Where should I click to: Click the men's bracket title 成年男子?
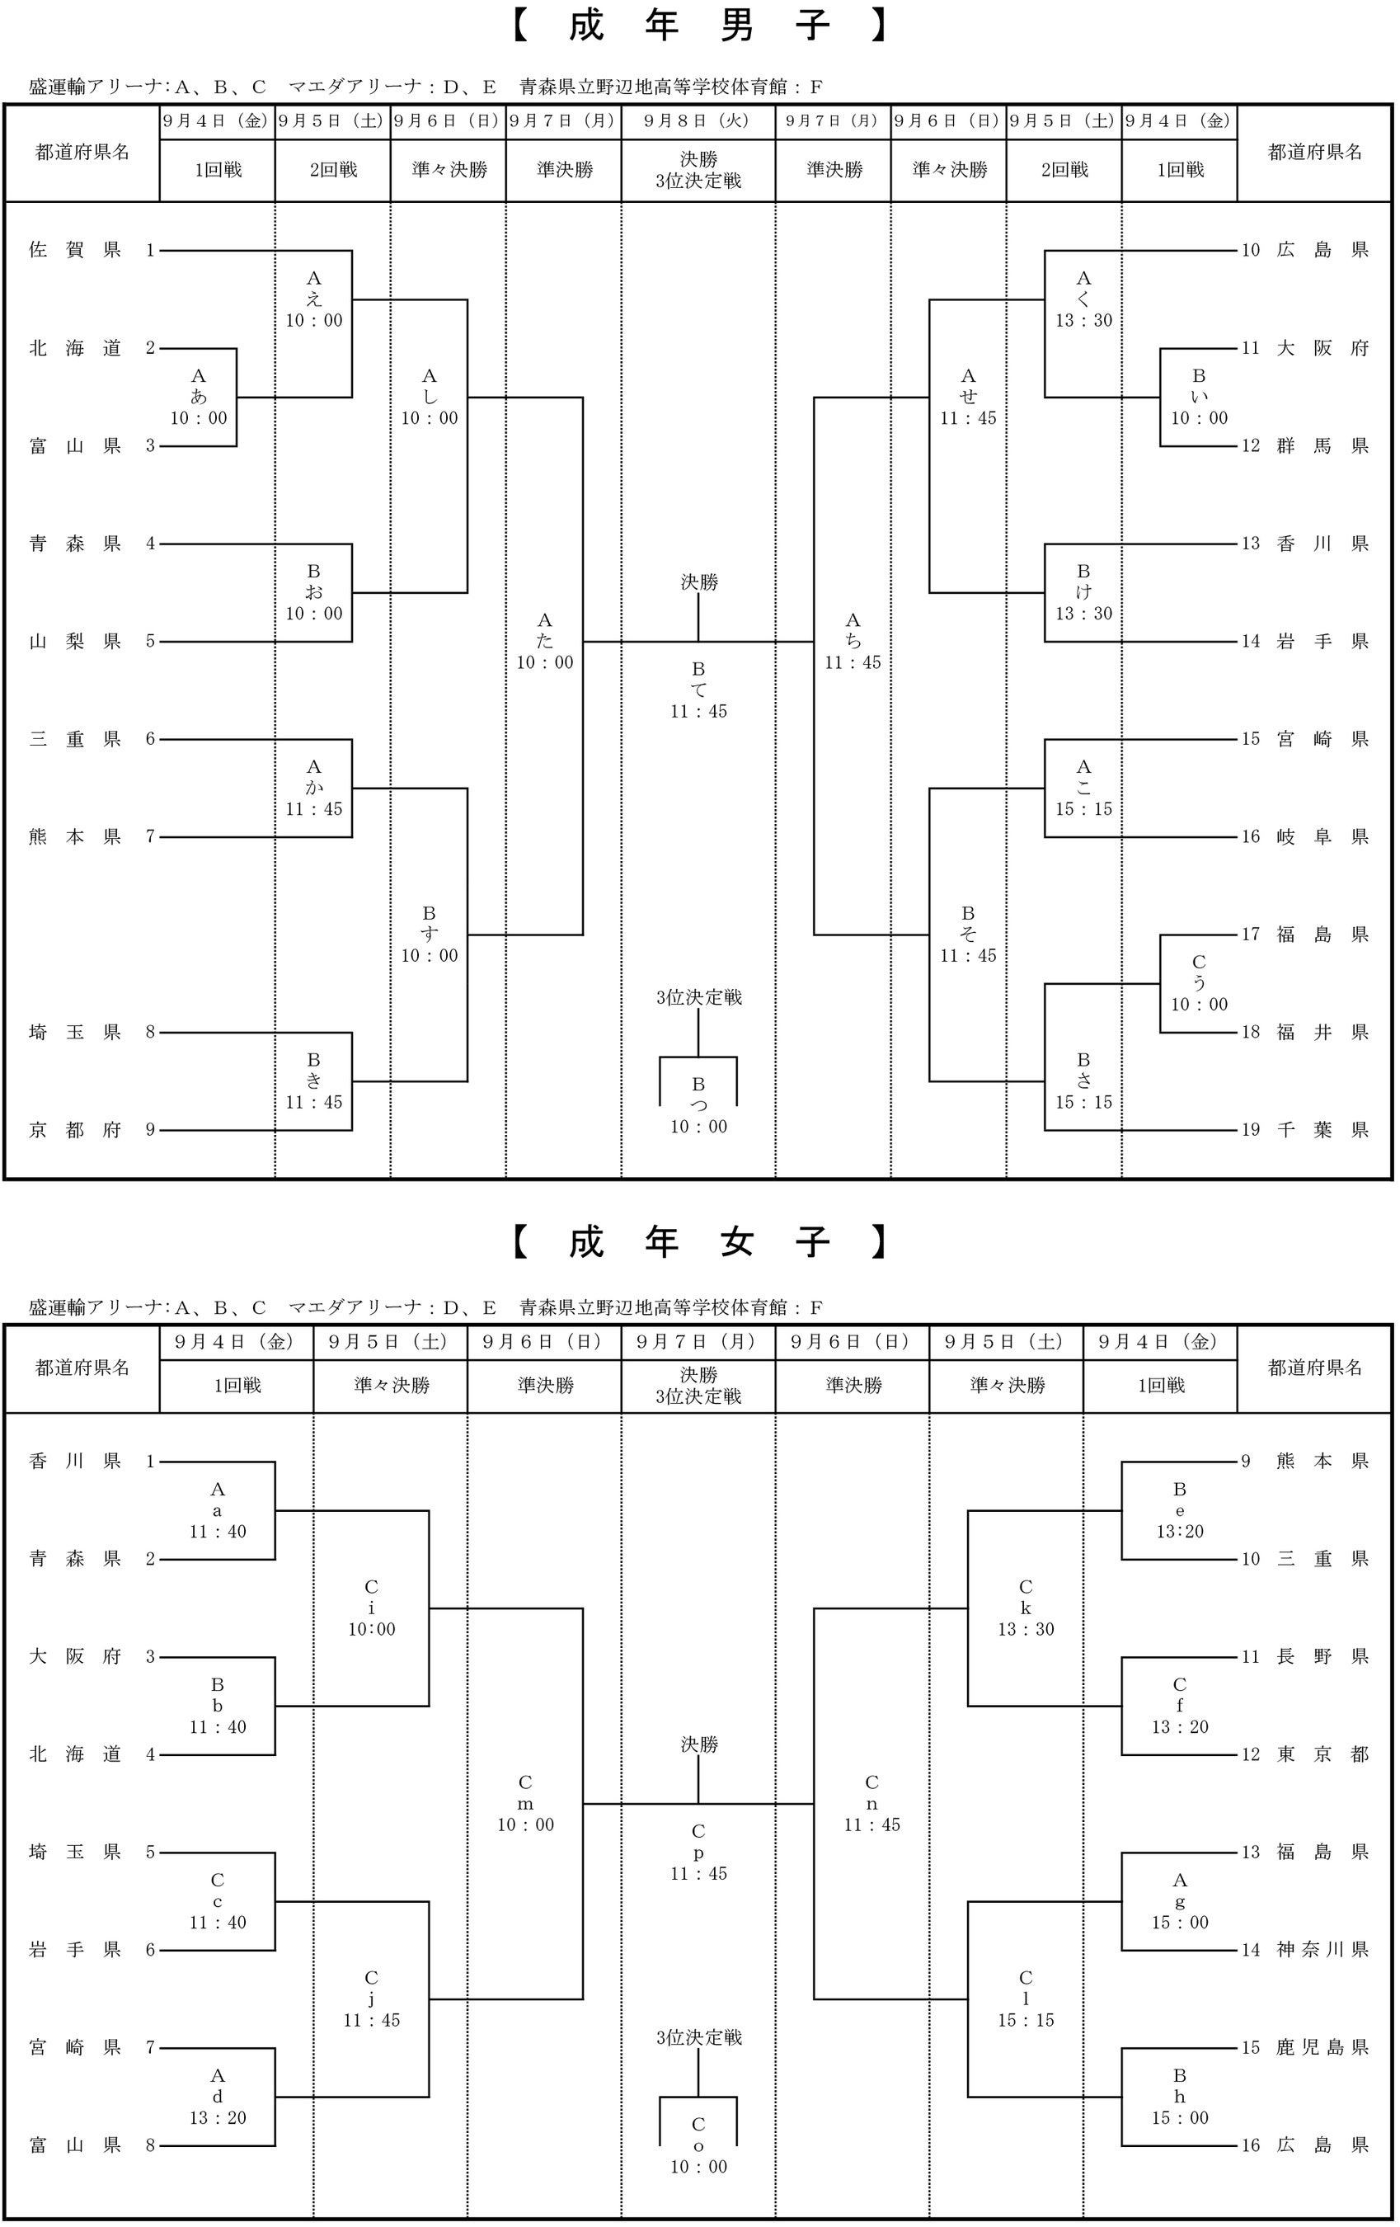(x=699, y=26)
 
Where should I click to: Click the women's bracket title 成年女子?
(x=699, y=1242)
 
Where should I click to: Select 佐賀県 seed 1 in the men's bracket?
(x=75, y=250)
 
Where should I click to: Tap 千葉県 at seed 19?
(x=1322, y=1130)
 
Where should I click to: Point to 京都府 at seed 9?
(x=75, y=1130)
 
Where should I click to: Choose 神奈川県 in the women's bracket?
(x=1322, y=1950)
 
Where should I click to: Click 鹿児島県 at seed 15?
(x=1322, y=2047)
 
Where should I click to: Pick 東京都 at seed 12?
(x=1322, y=1754)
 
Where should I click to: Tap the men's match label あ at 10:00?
(x=199, y=397)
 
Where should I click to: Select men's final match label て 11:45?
(x=699, y=690)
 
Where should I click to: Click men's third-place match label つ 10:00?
(x=699, y=1105)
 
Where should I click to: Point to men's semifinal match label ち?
(x=853, y=641)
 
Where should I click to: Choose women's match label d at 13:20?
(x=218, y=2097)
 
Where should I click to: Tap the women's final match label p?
(x=699, y=1853)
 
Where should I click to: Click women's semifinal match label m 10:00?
(x=525, y=1803)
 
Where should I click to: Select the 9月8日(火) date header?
(x=699, y=120)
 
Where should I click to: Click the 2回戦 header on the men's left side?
(x=333, y=170)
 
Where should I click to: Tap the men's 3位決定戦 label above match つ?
(x=699, y=997)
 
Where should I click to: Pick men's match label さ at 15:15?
(x=1083, y=1081)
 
